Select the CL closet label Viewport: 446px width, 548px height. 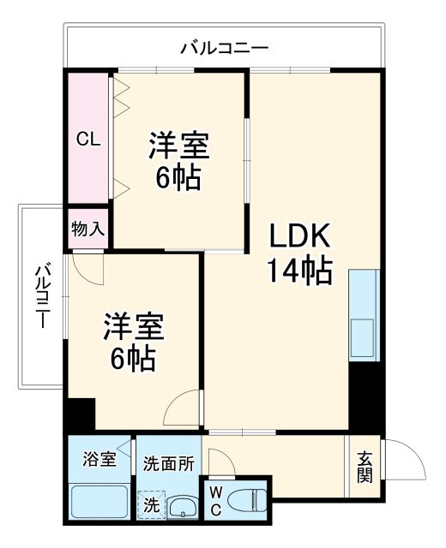pyautogui.click(x=87, y=140)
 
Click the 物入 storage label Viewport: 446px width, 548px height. pyautogui.click(x=87, y=229)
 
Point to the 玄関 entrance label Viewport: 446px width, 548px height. pyautogui.click(x=365, y=466)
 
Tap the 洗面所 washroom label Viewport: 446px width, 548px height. pyautogui.click(x=168, y=463)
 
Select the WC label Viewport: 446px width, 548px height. pyautogui.click(x=215, y=500)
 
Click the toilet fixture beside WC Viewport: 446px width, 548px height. pyautogui.click(x=248, y=500)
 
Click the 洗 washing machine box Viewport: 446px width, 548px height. pyautogui.click(x=150, y=504)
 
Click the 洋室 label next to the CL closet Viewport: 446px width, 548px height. pyautogui.click(x=178, y=145)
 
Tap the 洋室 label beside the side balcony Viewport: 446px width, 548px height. pyautogui.click(x=133, y=326)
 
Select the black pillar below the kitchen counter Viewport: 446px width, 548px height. pyautogui.click(x=365, y=395)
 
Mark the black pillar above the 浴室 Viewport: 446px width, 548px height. pyautogui.click(x=80, y=415)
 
